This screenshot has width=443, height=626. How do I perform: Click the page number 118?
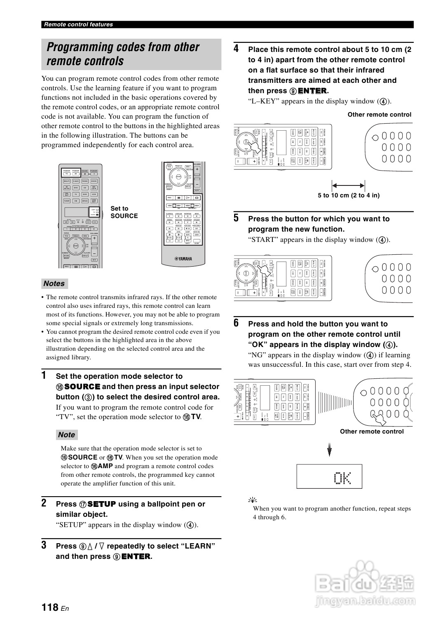50,607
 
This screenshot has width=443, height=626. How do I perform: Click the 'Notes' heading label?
54,284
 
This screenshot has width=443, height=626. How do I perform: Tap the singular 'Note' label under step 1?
66,435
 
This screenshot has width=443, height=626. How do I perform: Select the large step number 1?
44,375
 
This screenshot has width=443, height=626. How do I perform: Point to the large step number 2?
44,503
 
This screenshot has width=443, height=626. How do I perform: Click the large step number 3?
44,545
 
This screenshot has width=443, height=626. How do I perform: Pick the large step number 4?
236,49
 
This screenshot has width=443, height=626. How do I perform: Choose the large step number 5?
236,218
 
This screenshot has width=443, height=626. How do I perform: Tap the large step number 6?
236,323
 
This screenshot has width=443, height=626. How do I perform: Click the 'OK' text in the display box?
342,478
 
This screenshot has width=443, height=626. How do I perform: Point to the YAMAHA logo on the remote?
183,259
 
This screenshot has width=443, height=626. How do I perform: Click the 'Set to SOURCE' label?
124,212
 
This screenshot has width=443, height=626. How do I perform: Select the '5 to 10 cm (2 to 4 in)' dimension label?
349,195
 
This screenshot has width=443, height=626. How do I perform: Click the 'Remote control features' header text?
78,24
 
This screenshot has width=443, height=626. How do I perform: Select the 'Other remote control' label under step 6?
372,431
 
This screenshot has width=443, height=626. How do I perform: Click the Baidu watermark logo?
365,584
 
